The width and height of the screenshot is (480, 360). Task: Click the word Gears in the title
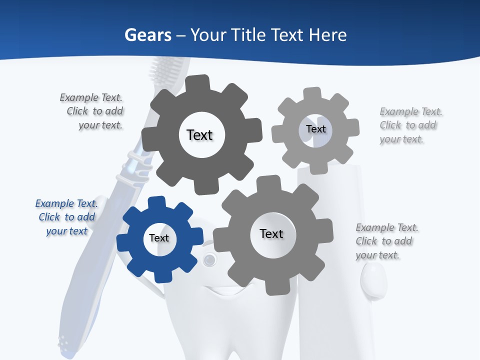147,35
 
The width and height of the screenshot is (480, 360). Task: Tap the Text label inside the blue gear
159,238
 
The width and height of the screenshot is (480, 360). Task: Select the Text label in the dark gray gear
199,135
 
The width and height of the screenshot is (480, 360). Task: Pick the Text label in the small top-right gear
316,129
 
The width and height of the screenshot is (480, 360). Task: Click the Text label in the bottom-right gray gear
271,234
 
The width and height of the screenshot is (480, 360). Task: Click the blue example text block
66,217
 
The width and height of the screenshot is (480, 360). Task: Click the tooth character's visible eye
210,259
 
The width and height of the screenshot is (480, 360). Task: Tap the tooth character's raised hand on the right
373,280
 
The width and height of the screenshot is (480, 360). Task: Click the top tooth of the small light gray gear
311,93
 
